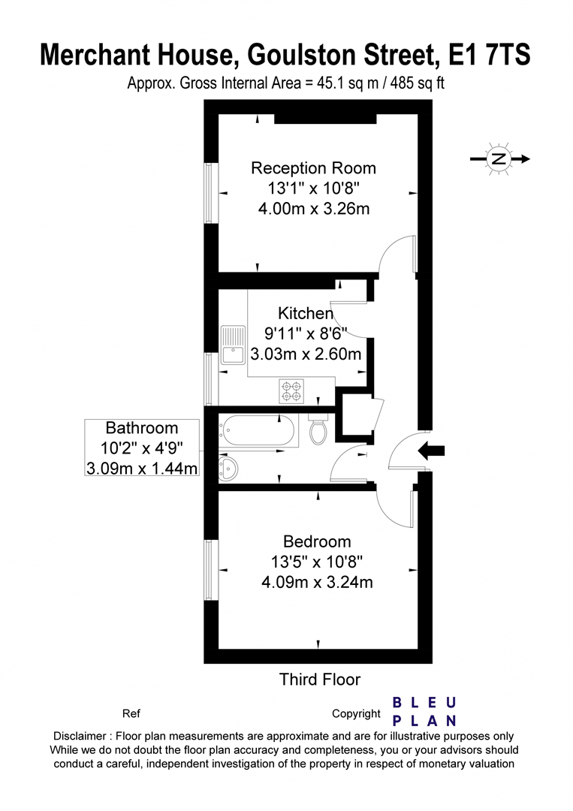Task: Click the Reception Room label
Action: pyautogui.click(x=313, y=168)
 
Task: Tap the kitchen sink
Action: pyautogui.click(x=233, y=345)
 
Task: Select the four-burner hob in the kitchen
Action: pyautogui.click(x=291, y=391)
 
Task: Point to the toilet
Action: pyautogui.click(x=318, y=429)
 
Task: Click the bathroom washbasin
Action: pyautogui.click(x=228, y=469)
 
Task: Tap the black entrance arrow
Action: pyautogui.click(x=431, y=451)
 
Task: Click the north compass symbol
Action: pyautogui.click(x=499, y=158)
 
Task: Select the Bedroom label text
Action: pyautogui.click(x=317, y=541)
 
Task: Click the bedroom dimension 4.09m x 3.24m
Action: pyautogui.click(x=317, y=583)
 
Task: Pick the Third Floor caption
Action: pyautogui.click(x=320, y=680)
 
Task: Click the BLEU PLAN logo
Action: pyautogui.click(x=424, y=712)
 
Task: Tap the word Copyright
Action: pyautogui.click(x=356, y=714)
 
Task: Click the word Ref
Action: pyautogui.click(x=131, y=714)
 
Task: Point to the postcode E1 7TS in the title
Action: pyautogui.click(x=489, y=55)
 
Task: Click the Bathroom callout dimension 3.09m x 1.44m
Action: pyautogui.click(x=142, y=469)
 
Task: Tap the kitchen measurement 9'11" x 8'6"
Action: pyautogui.click(x=306, y=333)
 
